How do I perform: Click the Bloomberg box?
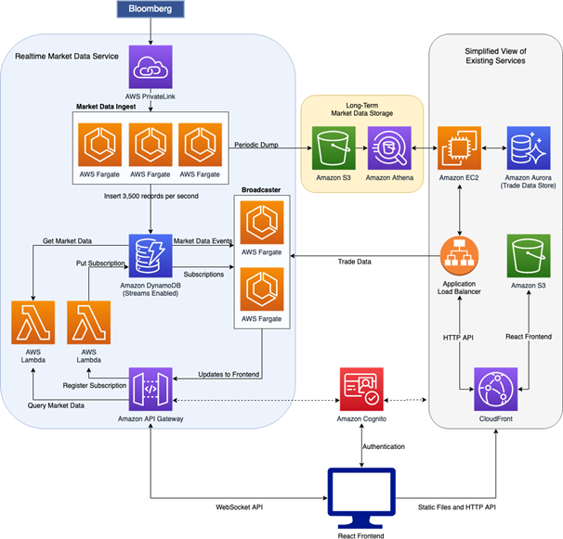click(x=151, y=9)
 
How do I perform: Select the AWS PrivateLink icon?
click(x=151, y=67)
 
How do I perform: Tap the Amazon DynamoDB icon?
click(x=151, y=256)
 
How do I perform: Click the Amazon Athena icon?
click(x=389, y=148)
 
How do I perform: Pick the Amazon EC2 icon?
click(x=459, y=148)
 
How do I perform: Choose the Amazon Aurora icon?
click(x=529, y=148)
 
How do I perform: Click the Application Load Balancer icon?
click(x=459, y=256)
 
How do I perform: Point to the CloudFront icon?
click(x=496, y=389)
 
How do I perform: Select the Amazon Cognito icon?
click(x=361, y=389)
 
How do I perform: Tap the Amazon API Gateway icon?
click(x=151, y=389)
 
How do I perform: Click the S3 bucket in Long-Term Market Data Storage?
click(x=334, y=148)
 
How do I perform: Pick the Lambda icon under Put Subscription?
click(x=88, y=323)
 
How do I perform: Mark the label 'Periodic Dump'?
click(x=256, y=145)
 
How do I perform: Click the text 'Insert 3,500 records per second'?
click(x=151, y=196)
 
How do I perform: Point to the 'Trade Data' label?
click(x=354, y=262)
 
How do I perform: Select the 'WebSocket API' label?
click(x=239, y=507)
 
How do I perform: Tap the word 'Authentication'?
click(x=384, y=446)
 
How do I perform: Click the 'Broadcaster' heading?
click(x=261, y=190)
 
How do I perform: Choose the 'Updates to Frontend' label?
click(x=229, y=375)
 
